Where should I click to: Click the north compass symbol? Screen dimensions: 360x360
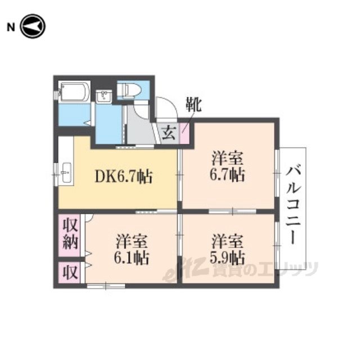tap(33, 26)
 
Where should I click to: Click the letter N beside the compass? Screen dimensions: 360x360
tap(11, 28)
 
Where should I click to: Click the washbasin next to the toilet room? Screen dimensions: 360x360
tap(104, 97)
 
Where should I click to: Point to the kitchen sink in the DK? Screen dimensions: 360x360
tap(66, 173)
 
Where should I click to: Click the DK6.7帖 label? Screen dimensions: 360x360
tap(124, 177)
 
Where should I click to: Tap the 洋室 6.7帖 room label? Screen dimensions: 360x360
tap(227, 166)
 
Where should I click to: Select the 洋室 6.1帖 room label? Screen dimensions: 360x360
tap(132, 249)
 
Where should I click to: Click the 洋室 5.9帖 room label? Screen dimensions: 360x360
tap(227, 249)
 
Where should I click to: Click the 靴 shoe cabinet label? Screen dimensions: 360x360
tap(193, 105)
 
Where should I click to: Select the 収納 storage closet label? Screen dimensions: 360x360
tap(70, 233)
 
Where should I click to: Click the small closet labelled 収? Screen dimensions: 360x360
tap(70, 272)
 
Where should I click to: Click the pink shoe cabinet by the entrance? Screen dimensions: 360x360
tap(184, 134)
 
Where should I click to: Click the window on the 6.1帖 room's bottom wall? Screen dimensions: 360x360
tap(106, 286)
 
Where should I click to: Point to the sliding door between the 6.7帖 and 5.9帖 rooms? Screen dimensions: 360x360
tap(232, 211)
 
